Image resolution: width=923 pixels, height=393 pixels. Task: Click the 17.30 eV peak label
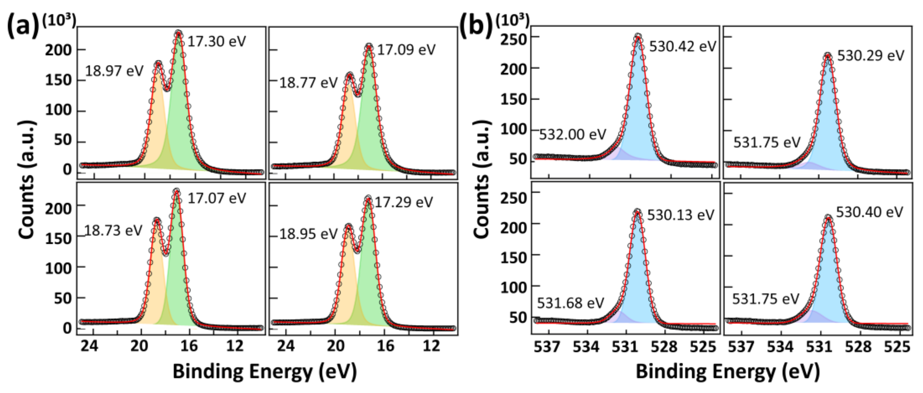pyautogui.click(x=217, y=42)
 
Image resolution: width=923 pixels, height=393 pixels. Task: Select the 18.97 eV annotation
pyautogui.click(x=114, y=71)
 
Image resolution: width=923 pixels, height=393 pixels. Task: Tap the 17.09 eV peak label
pyautogui.click(x=406, y=50)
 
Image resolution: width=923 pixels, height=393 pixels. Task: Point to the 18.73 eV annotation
pyautogui.click(x=113, y=231)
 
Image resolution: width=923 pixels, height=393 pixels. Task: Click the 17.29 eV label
pyautogui.click(x=404, y=202)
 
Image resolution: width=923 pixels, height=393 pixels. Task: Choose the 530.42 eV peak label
pyautogui.click(x=682, y=47)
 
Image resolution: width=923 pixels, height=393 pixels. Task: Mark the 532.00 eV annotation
pyautogui.click(x=572, y=135)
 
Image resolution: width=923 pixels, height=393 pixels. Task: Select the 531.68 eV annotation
pyautogui.click(x=570, y=303)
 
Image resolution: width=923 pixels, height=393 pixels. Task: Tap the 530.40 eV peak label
pyautogui.click(x=869, y=212)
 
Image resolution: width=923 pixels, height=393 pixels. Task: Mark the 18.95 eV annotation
pyautogui.click(x=308, y=234)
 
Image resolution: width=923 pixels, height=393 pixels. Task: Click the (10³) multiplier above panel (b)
pyautogui.click(x=512, y=20)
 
